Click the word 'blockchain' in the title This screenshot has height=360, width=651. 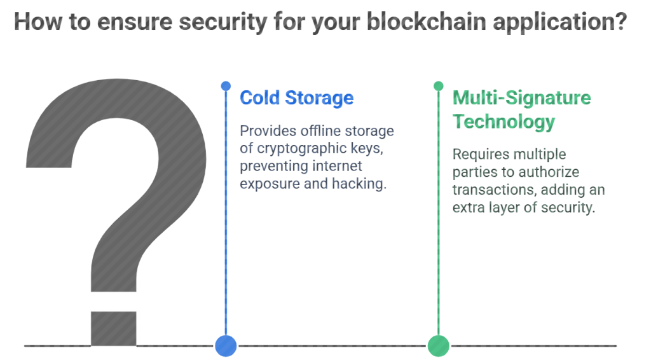426,21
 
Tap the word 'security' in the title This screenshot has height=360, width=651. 223,22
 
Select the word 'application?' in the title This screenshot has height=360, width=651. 559,22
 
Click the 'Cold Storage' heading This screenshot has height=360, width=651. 296,98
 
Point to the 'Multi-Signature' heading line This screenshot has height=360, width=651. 521,98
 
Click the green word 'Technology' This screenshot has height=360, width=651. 504,121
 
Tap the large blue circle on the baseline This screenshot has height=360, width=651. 226,345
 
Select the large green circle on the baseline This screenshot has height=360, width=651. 439,345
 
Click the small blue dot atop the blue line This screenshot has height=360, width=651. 226,86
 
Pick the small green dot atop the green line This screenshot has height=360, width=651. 439,86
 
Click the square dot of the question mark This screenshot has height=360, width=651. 114,328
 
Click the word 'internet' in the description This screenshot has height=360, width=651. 337,166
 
